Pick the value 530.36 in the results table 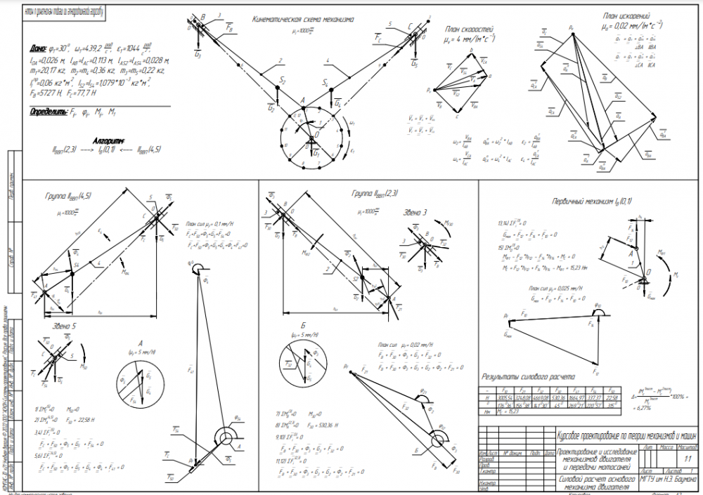point(561,397)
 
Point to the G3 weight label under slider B point(198,53)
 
